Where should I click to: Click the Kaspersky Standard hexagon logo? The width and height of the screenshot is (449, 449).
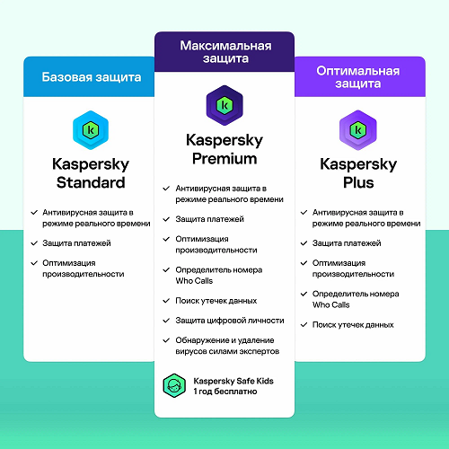click(91, 130)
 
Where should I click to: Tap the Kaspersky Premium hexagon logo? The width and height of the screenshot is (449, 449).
click(224, 105)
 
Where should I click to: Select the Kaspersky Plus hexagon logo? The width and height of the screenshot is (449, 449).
click(358, 130)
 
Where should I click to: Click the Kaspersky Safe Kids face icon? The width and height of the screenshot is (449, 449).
click(174, 385)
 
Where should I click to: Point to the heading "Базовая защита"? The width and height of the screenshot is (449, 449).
click(92, 77)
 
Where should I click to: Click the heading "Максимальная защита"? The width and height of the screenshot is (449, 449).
click(225, 52)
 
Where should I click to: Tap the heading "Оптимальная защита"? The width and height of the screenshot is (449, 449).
click(358, 77)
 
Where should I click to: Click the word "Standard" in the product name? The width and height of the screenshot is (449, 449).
click(91, 182)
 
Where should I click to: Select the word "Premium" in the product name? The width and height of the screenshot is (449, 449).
click(224, 159)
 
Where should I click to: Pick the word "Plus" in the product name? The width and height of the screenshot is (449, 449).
click(358, 182)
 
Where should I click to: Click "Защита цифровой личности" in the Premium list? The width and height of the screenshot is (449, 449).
click(230, 321)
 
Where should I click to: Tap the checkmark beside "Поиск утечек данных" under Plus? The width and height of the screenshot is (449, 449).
click(304, 325)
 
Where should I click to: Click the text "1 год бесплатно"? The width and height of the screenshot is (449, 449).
click(225, 392)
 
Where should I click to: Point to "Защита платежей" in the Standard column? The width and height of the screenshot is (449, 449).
click(76, 243)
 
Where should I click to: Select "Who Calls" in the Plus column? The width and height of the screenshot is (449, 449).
click(331, 304)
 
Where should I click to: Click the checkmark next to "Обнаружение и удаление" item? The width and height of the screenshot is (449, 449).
click(166, 340)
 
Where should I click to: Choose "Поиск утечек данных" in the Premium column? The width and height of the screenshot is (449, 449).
click(216, 301)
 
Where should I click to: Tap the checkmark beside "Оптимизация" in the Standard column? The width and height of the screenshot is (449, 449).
click(34, 263)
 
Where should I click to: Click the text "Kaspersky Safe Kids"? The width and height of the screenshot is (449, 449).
click(233, 381)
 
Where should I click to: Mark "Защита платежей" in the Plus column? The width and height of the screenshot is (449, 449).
click(347, 243)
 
